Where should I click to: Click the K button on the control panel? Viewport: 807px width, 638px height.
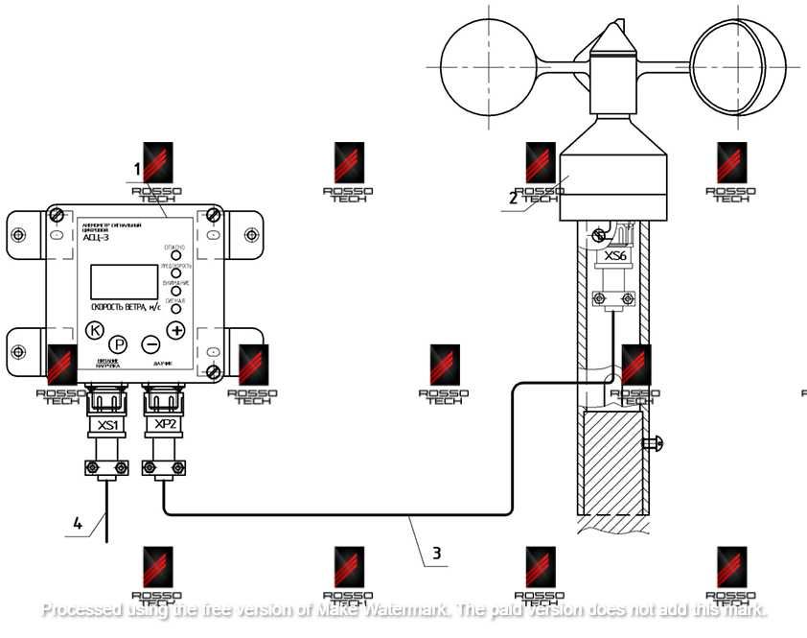point(94,331)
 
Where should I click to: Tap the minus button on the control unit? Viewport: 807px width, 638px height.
point(150,343)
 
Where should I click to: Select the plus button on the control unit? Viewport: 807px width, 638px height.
point(176,330)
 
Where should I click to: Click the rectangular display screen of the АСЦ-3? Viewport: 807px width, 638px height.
point(123,282)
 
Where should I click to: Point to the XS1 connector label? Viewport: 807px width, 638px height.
point(107,424)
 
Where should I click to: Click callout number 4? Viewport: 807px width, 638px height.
point(78,523)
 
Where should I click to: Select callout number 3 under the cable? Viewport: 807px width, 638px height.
point(436,553)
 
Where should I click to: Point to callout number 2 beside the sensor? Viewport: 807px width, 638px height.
point(514,199)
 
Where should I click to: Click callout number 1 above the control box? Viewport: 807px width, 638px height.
point(137,169)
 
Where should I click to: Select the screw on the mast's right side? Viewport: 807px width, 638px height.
point(656,442)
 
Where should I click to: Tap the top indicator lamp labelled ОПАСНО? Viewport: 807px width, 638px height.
point(176,255)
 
